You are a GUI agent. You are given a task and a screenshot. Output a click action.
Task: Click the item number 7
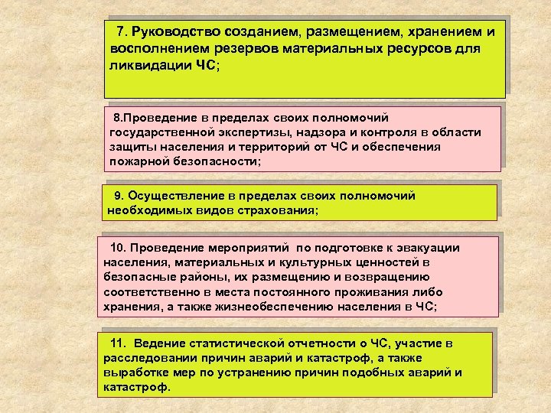120,33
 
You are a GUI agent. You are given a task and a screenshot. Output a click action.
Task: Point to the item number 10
118,249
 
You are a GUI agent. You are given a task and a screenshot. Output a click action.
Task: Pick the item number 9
119,196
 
